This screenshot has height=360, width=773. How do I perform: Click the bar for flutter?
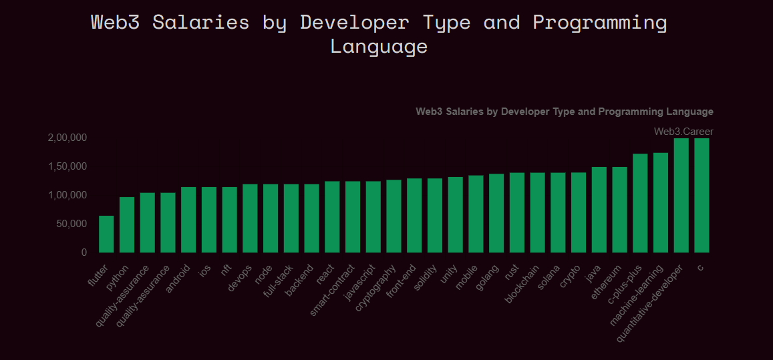(106, 234)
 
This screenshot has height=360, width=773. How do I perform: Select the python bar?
(127, 224)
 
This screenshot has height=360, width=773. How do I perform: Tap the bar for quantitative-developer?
(681, 195)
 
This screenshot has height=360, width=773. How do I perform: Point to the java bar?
(599, 210)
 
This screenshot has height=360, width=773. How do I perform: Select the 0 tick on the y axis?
(84, 252)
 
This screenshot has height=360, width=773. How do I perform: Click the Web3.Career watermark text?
(683, 132)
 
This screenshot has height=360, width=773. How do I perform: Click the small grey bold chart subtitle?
(564, 112)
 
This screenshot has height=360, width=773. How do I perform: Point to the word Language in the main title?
(379, 47)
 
